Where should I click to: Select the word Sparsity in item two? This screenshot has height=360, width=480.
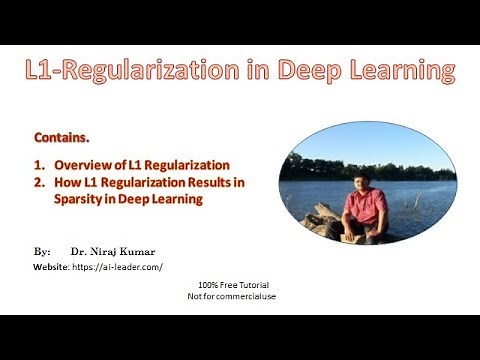point(81,199)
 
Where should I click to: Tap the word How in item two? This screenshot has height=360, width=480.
point(67,182)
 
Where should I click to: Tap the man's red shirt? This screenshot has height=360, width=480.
point(363,206)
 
